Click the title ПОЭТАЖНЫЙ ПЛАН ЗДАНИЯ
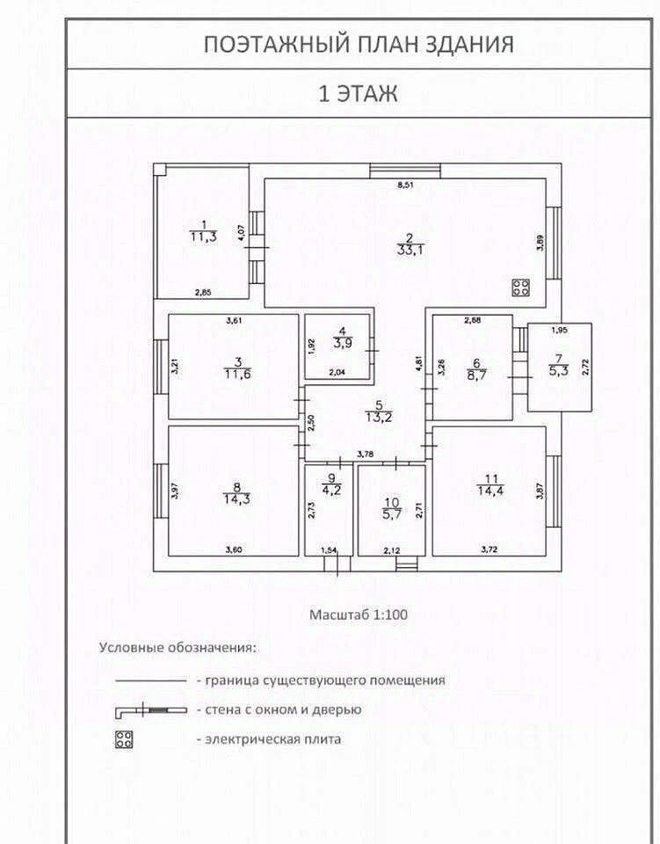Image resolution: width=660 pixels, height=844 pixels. click(x=359, y=45)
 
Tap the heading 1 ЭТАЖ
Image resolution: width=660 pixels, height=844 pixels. click(x=358, y=93)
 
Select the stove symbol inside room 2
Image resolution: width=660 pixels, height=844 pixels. click(x=520, y=287)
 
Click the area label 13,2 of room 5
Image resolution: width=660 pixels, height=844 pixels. click(x=380, y=416)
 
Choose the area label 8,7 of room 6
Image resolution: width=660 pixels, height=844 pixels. click(x=476, y=374)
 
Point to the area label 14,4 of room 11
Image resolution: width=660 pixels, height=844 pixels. click(x=489, y=490)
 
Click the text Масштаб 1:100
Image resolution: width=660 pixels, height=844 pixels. click(x=358, y=615)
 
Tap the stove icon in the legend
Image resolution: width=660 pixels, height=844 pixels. click(x=124, y=739)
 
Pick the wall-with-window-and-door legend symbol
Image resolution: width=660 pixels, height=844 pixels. click(x=151, y=709)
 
